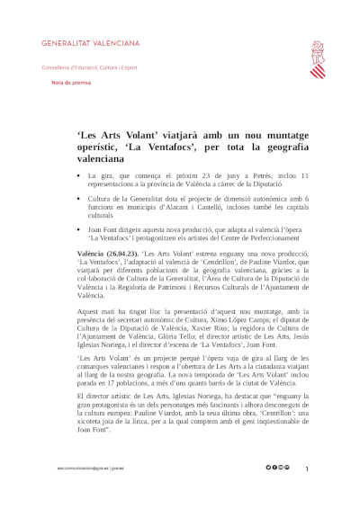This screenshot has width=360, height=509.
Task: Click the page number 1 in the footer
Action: [x=307, y=469]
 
